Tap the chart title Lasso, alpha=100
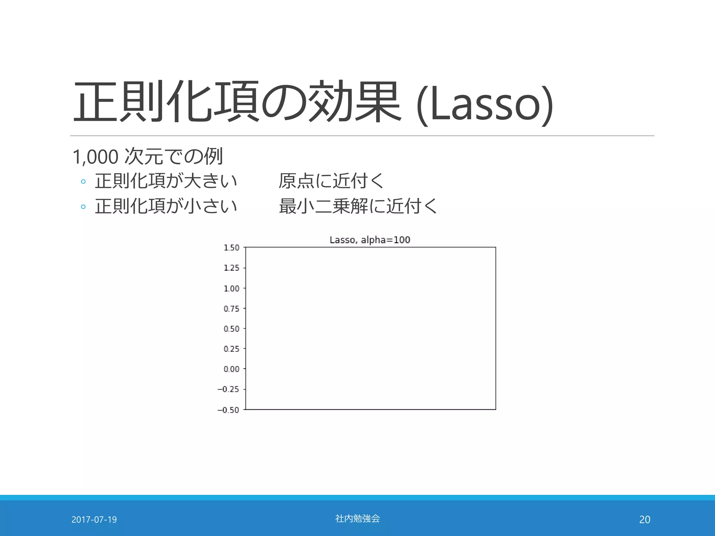click(x=370, y=240)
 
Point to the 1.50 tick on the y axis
click(x=231, y=248)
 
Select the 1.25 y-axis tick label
click(x=231, y=268)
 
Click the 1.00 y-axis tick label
click(x=231, y=289)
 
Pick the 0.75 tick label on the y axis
click(x=231, y=309)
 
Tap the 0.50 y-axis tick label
click(x=231, y=329)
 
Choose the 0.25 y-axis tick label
click(x=231, y=349)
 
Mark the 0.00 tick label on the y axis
click(x=231, y=369)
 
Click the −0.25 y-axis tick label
click(x=228, y=389)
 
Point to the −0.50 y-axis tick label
click(x=228, y=410)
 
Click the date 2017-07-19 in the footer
click(x=94, y=520)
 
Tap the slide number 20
click(x=644, y=520)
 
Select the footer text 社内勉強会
click(x=357, y=519)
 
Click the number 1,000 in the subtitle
click(x=95, y=157)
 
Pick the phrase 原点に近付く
click(x=331, y=181)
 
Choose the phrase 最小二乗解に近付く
click(x=358, y=206)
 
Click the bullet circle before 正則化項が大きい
click(x=83, y=181)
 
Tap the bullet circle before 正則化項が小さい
click(x=83, y=207)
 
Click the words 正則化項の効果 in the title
click(x=237, y=102)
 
